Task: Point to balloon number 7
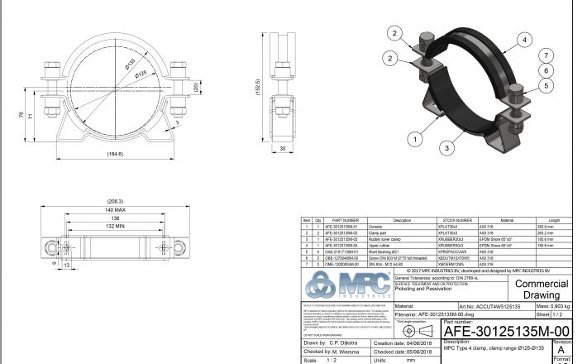coord(547,55)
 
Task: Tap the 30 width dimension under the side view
coord(284,148)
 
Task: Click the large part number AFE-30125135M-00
coord(495,329)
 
